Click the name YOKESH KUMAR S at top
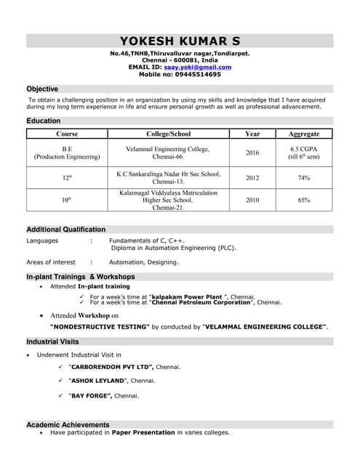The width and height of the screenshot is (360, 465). [x=180, y=41]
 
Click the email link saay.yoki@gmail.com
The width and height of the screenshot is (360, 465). [x=197, y=67]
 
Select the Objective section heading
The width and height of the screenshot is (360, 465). [x=42, y=89]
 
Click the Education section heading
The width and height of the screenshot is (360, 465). [x=43, y=121]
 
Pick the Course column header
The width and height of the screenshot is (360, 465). [x=67, y=134]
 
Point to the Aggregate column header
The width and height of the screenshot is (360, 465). [x=303, y=134]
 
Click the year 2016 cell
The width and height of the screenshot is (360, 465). [x=252, y=153]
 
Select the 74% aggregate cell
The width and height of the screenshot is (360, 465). [x=303, y=178]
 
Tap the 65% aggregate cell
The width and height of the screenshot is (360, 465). [x=303, y=200]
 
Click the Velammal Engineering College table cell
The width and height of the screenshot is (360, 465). [x=168, y=153]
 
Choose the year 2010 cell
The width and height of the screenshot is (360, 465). [x=252, y=200]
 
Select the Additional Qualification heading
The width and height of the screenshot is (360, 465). [x=65, y=230]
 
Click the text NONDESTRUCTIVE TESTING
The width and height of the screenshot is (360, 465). [x=100, y=328]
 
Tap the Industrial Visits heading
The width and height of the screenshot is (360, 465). [x=52, y=341]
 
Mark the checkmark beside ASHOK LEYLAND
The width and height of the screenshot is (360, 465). [x=60, y=381]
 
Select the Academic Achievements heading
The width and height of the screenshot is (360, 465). [x=68, y=424]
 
